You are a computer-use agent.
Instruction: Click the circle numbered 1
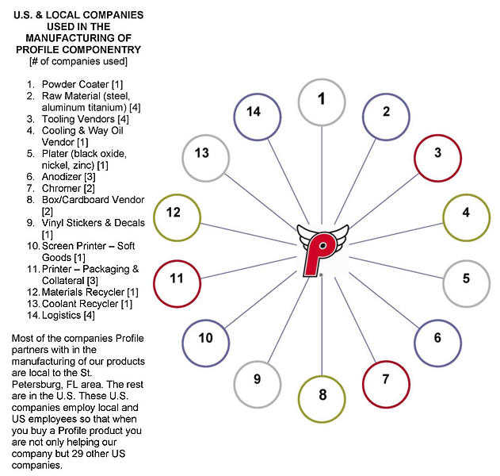coord(322,79)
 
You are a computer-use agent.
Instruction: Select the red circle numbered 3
coord(437,135)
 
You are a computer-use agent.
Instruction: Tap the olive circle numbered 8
coord(322,376)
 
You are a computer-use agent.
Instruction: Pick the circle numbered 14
coord(258,94)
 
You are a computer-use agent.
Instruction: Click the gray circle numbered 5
coord(466,261)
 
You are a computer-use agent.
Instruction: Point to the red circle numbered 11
coord(177,261)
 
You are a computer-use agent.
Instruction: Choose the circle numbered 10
coord(206,321)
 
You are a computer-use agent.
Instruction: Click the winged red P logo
coord(322,250)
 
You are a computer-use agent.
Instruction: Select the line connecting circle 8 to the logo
coord(322,324)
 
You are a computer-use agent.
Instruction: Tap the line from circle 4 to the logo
coord(396,234)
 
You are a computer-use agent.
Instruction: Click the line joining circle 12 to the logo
coord(248,234)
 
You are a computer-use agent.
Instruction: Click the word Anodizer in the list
coord(62,177)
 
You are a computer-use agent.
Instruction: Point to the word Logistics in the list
coord(61,315)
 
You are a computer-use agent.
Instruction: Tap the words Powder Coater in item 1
coord(75,84)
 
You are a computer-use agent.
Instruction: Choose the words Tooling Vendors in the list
coord(78,119)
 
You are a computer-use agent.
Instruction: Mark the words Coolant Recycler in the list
coord(80,304)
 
